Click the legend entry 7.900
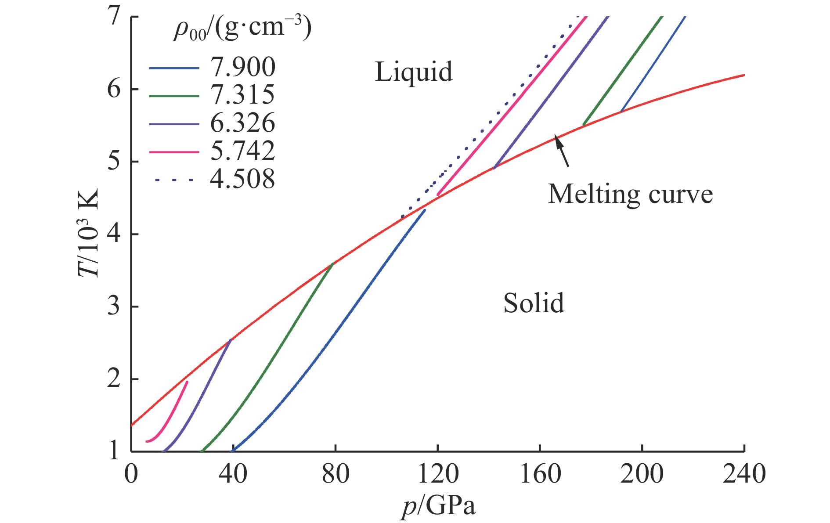(242, 67)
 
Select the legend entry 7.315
(242, 95)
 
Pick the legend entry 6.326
(242, 123)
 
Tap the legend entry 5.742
(242, 151)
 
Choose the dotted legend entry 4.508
(242, 179)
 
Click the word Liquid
(414, 72)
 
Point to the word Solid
(534, 303)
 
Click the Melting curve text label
(630, 194)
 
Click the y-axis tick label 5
(114, 162)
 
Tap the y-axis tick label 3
(114, 307)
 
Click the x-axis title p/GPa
(438, 506)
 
